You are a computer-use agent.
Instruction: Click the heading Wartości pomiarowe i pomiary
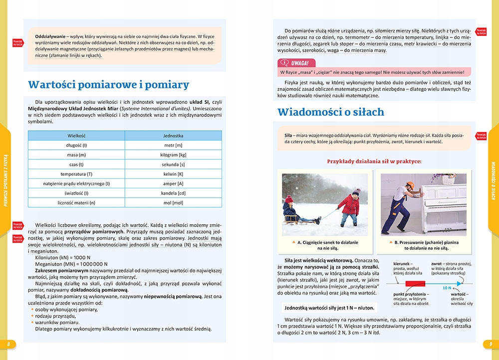108,84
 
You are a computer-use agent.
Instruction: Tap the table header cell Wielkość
77,135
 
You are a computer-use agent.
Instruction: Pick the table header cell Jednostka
173,135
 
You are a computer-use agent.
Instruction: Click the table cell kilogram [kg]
173,155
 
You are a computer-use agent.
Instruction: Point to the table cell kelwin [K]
173,174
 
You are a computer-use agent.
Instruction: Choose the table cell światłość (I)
77,193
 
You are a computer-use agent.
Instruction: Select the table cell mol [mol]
173,203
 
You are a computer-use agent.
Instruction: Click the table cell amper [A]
173,183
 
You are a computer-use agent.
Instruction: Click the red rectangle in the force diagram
414,284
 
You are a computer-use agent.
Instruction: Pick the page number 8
8,344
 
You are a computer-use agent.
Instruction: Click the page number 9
491,344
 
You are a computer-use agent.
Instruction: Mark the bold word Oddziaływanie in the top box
52,36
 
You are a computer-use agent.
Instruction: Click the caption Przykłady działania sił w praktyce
374,161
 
